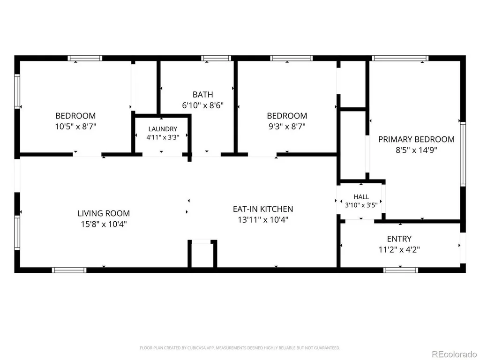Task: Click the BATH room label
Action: tap(202, 94)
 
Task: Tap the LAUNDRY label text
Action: tap(163, 129)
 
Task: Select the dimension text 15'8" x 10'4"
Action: tap(104, 224)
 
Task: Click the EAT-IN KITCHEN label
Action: tap(263, 209)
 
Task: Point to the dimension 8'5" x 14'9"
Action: tap(416, 150)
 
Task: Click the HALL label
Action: tap(361, 196)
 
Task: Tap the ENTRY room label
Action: tap(399, 239)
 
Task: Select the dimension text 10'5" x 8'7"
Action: tap(75, 126)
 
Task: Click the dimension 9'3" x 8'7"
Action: tap(287, 126)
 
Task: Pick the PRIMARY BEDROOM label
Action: tap(416, 139)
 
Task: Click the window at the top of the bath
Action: tap(216, 58)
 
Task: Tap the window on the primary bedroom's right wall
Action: tap(463, 154)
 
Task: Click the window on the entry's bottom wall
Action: tap(401, 270)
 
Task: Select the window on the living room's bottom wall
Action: tap(69, 270)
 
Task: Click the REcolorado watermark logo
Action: tap(454, 354)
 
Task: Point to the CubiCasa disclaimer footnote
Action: tap(240, 348)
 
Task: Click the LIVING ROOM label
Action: tap(104, 213)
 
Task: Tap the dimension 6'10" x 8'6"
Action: tap(202, 105)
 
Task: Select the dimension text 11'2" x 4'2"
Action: tap(399, 249)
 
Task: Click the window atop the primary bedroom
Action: tap(400, 58)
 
